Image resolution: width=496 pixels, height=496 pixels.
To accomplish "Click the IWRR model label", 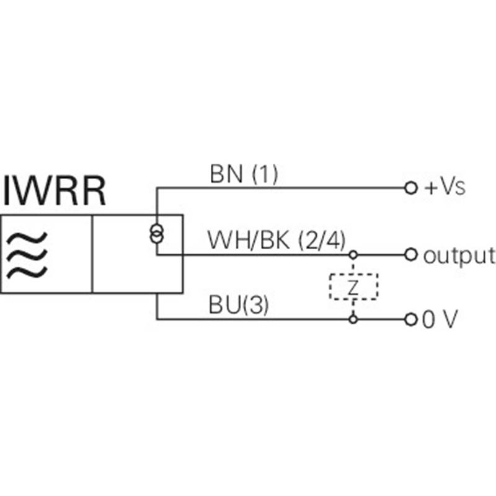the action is point(54,191).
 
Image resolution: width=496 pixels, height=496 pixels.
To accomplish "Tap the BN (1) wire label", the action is point(244,174).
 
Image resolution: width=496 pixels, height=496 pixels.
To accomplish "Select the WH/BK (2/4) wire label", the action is point(276,240).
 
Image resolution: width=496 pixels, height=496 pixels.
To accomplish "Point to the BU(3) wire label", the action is point(239,304).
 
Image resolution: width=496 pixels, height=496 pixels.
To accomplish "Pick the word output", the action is point(459,256).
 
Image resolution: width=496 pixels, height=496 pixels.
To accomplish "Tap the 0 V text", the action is point(440,319).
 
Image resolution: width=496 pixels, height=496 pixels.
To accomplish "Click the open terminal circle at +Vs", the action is point(411,188).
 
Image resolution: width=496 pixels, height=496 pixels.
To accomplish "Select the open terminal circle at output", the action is point(411,254).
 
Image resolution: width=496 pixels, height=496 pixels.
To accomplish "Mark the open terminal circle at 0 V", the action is point(411,319).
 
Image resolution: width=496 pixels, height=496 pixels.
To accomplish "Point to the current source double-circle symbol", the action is point(157,233).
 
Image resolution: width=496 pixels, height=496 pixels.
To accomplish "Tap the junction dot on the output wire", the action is point(353,254).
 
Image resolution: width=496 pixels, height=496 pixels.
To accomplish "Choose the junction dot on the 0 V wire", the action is point(353,319).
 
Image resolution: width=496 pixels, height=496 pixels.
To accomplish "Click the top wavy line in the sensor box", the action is point(27,237).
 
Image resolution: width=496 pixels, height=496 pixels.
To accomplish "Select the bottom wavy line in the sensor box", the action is point(27,273).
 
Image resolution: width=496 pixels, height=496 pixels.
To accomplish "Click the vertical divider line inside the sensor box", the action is point(92,254).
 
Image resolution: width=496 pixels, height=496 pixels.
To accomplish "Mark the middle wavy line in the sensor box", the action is point(27,255).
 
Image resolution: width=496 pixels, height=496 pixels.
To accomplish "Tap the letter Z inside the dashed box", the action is point(353,287).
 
